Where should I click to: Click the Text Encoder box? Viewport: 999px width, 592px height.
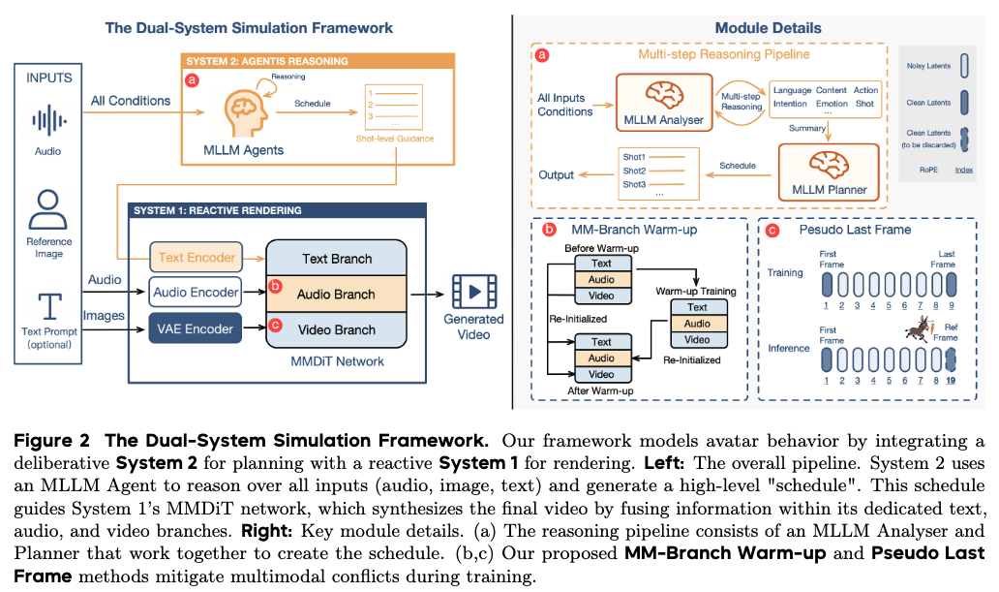click(x=197, y=259)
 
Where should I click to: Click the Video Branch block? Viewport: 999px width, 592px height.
click(x=335, y=329)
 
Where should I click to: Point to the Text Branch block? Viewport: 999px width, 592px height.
click(x=335, y=259)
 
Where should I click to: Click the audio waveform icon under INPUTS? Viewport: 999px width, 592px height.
click(x=47, y=121)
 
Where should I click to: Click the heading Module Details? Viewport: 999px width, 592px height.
click(x=768, y=28)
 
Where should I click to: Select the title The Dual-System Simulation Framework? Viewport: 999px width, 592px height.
click(x=249, y=28)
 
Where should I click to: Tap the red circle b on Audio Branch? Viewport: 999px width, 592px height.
click(x=275, y=287)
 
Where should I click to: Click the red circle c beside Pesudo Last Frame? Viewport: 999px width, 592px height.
click(x=772, y=232)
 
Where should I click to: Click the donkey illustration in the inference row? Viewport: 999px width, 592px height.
click(x=916, y=330)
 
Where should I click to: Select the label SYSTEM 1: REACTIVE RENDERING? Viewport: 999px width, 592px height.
click(x=217, y=210)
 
